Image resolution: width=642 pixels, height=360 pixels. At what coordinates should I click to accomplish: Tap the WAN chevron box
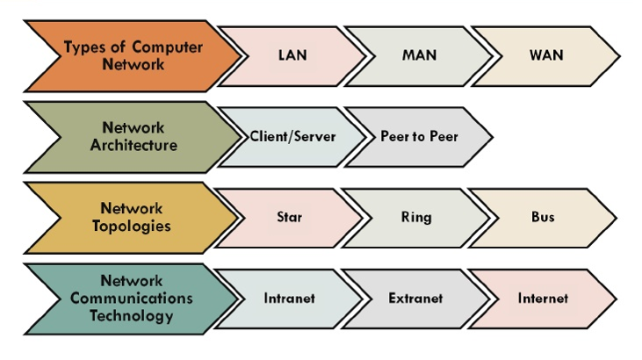[546, 55]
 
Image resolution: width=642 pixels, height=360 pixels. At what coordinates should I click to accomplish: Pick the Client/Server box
[292, 137]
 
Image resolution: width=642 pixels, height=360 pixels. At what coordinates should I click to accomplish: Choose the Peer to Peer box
[419, 137]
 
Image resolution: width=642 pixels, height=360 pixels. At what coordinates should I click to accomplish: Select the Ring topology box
[416, 217]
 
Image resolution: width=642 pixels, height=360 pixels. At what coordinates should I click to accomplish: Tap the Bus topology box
[543, 217]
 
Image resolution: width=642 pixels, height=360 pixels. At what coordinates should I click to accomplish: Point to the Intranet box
[289, 298]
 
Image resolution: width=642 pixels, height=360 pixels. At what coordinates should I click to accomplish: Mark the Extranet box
[415, 298]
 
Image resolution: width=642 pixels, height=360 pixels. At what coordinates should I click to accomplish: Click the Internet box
[543, 298]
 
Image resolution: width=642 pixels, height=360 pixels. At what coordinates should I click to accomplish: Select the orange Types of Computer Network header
[132, 55]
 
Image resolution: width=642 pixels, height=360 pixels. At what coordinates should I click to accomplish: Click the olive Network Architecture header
[132, 136]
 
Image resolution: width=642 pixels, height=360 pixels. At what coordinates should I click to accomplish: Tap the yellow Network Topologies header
[132, 217]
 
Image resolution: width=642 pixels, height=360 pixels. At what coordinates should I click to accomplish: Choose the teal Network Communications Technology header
[132, 298]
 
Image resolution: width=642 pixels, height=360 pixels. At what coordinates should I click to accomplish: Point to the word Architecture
[133, 145]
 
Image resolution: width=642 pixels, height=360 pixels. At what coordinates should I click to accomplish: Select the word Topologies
[132, 226]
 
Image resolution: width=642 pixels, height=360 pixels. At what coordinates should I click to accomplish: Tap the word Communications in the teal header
[132, 299]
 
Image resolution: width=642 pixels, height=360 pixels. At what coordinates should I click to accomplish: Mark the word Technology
[132, 315]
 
